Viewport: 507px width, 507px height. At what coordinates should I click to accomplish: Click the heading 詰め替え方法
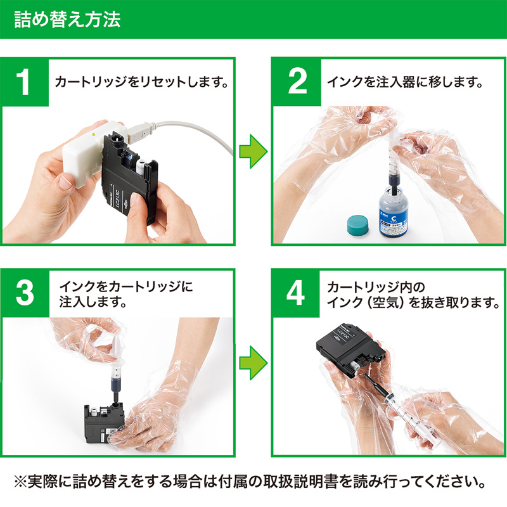click(x=67, y=18)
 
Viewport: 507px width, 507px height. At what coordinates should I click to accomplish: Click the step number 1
click(x=25, y=82)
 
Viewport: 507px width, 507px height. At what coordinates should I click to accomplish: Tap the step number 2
click(x=297, y=82)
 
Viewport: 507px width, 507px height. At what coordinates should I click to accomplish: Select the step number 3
click(x=25, y=292)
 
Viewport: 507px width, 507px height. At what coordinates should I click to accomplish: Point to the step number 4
click(x=297, y=292)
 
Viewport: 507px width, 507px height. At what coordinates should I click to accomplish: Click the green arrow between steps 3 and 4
click(x=253, y=361)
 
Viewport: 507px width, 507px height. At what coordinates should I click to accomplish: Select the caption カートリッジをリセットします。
click(x=141, y=82)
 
